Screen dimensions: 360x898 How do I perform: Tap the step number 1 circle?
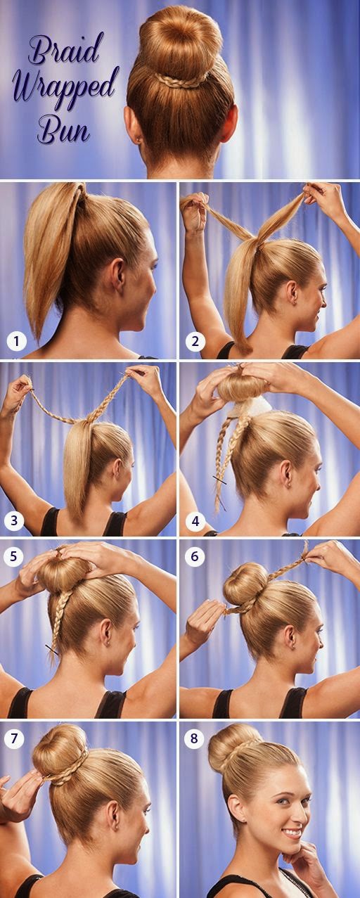click(16, 341)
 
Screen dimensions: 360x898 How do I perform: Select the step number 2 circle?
click(195, 341)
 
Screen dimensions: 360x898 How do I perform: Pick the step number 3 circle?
click(14, 520)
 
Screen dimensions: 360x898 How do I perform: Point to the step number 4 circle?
click(195, 521)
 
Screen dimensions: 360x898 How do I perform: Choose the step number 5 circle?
click(13, 557)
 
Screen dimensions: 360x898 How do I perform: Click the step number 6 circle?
click(195, 556)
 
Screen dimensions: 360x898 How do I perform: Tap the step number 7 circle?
click(14, 738)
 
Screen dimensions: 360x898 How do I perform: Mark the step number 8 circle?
click(194, 738)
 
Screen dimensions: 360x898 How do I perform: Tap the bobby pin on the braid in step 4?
click(219, 480)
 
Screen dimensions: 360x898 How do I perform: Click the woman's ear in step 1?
click(119, 276)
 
